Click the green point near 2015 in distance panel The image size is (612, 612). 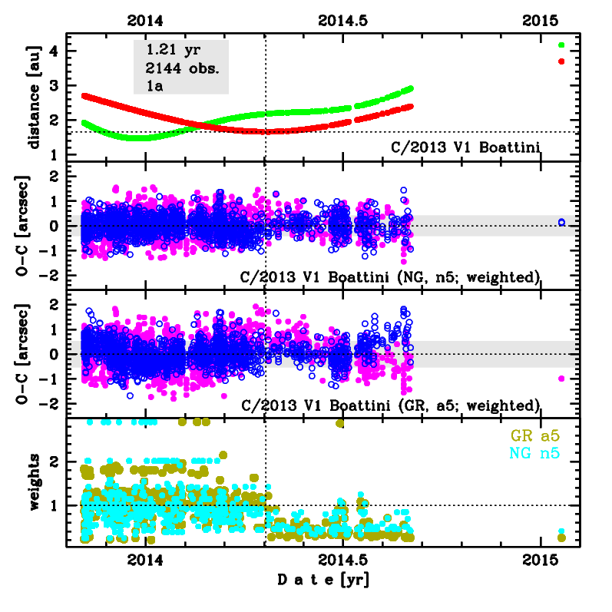[561, 45]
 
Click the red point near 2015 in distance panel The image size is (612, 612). [561, 61]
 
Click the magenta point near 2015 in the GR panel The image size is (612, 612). [561, 378]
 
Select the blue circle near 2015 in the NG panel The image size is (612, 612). [561, 222]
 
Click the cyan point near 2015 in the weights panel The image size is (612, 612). [561, 531]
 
